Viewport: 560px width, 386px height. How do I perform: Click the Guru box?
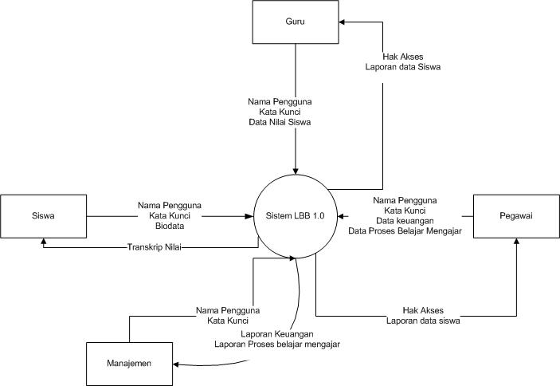(296, 22)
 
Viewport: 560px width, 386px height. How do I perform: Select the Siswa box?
(43, 215)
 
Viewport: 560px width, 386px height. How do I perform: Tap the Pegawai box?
(517, 215)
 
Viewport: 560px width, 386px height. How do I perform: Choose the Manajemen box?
(129, 364)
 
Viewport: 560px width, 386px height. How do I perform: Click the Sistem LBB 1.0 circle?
(296, 215)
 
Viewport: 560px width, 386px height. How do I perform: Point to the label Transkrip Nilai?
(155, 247)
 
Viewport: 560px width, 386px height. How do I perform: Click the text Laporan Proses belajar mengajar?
(276, 345)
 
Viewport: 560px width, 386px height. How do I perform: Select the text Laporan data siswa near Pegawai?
(423, 320)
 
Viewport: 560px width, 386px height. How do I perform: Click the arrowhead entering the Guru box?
(340, 22)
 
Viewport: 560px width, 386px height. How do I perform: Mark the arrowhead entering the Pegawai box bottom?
(517, 240)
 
